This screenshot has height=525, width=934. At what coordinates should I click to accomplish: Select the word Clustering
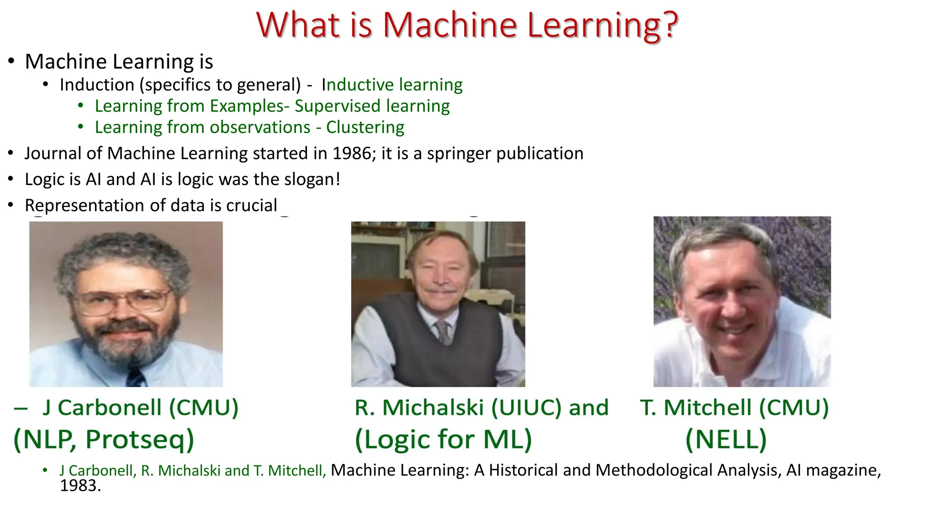[365, 127]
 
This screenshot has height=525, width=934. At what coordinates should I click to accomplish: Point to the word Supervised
[337, 106]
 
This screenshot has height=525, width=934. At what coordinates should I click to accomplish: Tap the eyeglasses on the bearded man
[122, 301]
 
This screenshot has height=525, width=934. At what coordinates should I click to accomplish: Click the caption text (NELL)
[726, 439]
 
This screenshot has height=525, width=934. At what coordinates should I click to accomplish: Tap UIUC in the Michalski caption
[526, 407]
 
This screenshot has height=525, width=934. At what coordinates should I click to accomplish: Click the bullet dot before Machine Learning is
[11, 62]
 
